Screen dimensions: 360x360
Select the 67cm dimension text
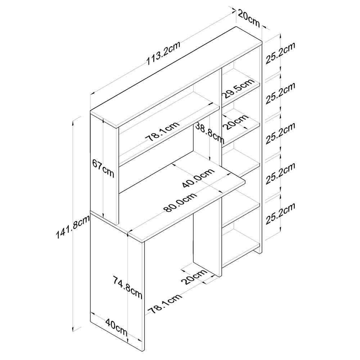103,169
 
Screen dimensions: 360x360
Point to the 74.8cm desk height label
127,288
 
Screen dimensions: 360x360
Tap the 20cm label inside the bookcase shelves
236,122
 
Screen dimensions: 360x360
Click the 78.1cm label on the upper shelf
162,131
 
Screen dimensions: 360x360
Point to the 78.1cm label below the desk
165,303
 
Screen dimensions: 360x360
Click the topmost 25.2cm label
280,53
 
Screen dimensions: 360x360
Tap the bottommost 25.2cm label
280,213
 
